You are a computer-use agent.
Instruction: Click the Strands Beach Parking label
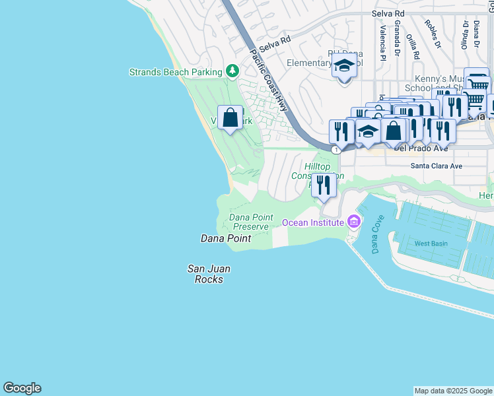[x=175, y=72]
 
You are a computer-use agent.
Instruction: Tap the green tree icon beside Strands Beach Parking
[x=232, y=71]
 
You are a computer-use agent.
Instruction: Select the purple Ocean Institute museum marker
[x=354, y=222]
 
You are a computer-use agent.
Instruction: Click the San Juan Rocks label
[x=205, y=274]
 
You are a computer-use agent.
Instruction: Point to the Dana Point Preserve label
[x=249, y=222]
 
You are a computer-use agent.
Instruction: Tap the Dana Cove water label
[x=376, y=234]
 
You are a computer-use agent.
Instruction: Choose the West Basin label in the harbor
[x=431, y=244]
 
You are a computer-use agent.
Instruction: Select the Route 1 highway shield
[x=337, y=150]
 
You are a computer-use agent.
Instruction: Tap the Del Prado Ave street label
[x=421, y=148]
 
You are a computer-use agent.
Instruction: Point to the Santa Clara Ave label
[x=437, y=166]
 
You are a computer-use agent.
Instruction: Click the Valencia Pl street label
[x=382, y=40]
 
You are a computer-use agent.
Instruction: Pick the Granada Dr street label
[x=397, y=38]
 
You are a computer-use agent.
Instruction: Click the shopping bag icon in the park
[x=230, y=118]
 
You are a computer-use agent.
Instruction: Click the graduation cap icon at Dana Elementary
[x=343, y=66]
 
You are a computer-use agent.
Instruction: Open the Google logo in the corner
[x=22, y=388]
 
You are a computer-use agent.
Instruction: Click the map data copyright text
[x=453, y=391]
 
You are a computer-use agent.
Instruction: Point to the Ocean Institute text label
[x=313, y=222]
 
